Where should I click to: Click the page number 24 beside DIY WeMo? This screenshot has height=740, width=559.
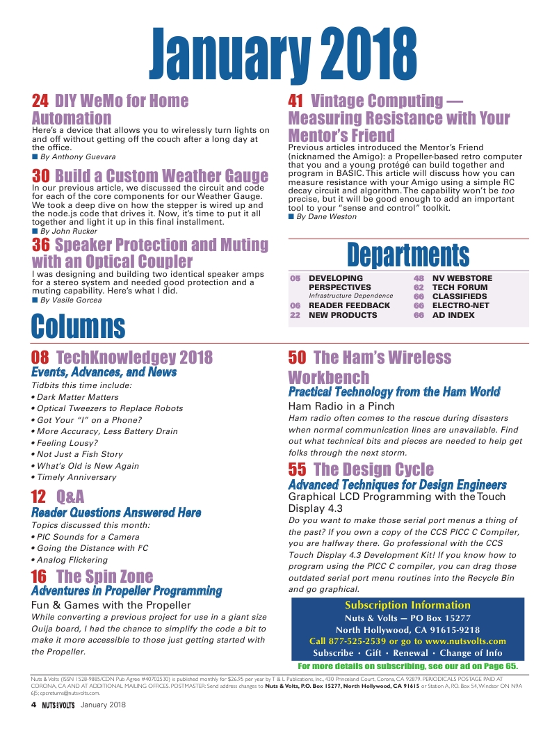tap(40, 102)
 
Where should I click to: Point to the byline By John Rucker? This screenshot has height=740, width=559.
tap(68, 230)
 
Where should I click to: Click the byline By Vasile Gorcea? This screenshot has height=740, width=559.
tap(71, 300)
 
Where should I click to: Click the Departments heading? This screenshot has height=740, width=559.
tap(408, 255)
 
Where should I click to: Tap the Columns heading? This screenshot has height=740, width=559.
tap(79, 326)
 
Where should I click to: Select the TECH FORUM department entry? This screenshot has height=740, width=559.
tap(460, 287)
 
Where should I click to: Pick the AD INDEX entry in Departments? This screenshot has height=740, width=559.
tap(453, 315)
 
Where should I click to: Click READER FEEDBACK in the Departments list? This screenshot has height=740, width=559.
tap(349, 305)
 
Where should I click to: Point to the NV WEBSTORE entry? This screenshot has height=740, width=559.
tap(462, 277)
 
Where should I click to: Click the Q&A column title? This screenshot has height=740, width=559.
tap(70, 497)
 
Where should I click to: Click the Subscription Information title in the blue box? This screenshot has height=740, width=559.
tap(407, 604)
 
